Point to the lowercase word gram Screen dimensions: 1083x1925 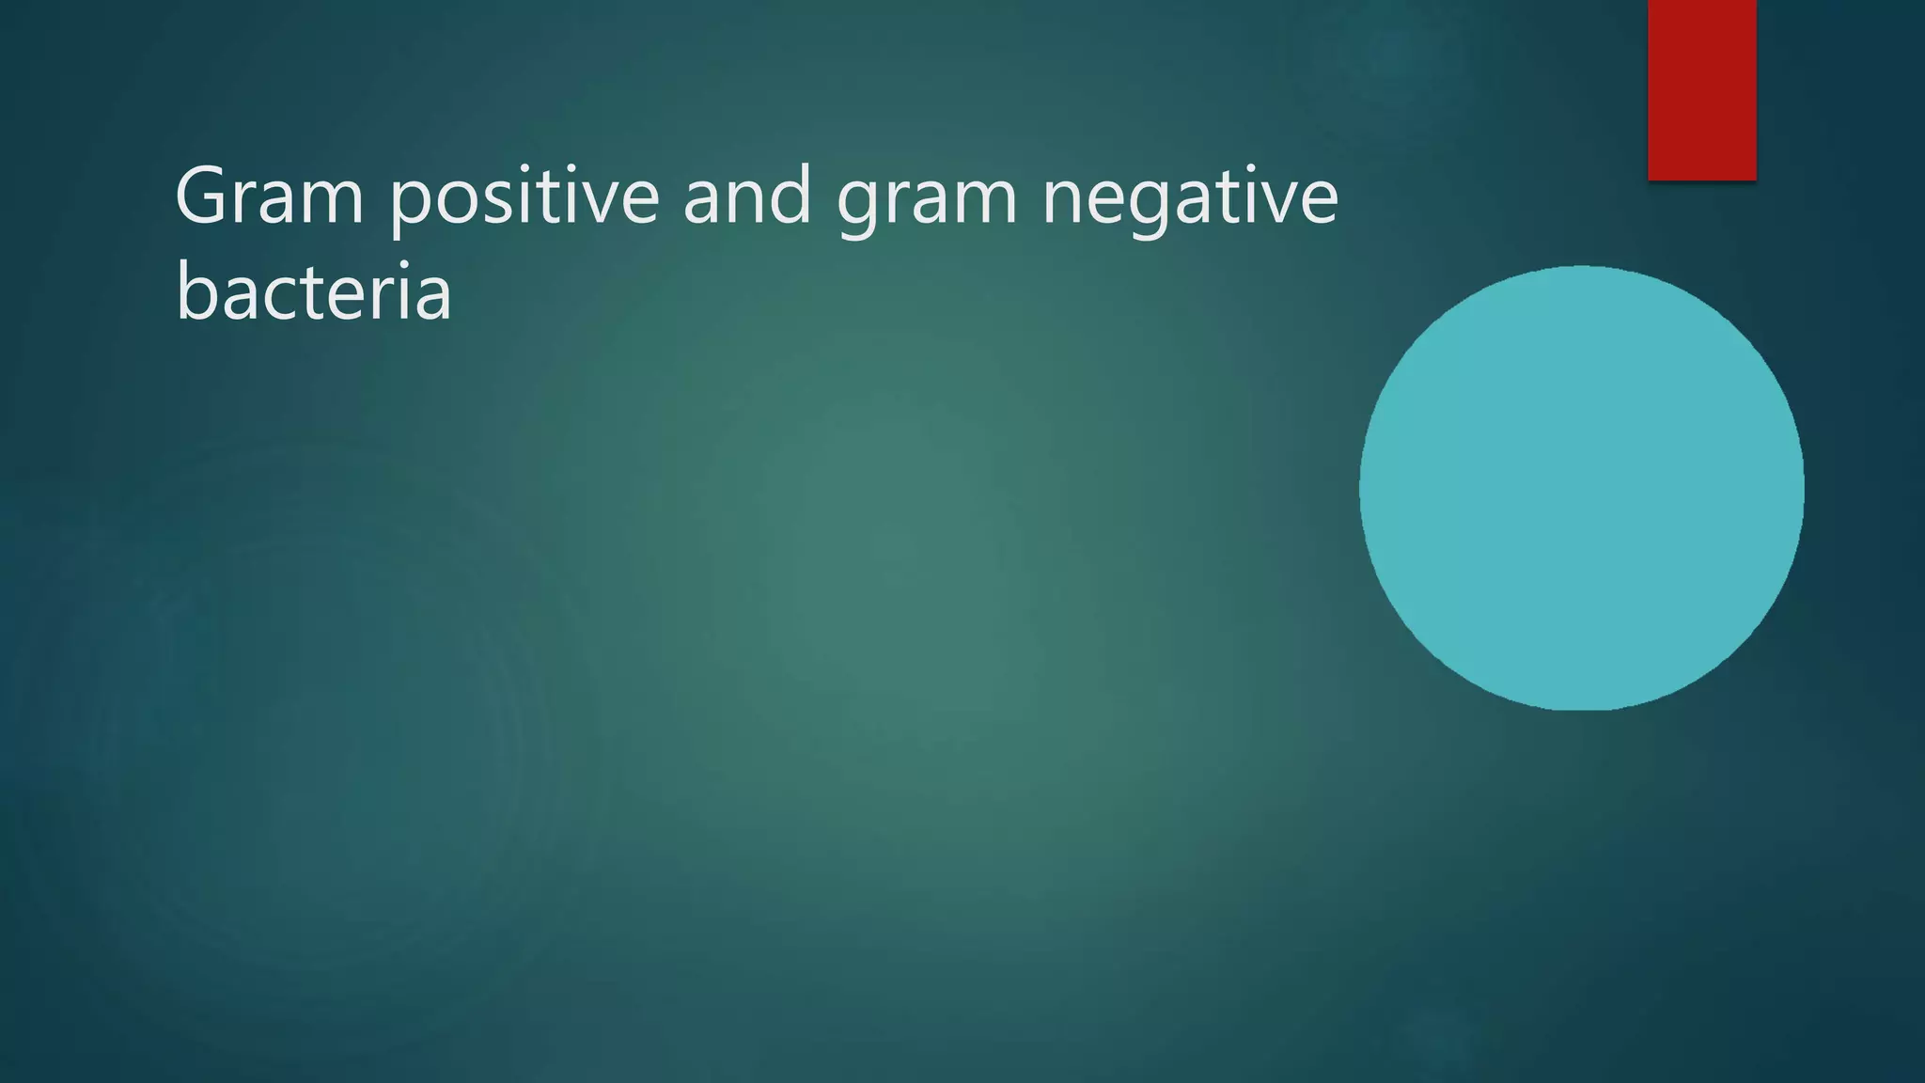(x=927, y=199)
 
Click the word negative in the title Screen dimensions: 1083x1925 (x=1190, y=197)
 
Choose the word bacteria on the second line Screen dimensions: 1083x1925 (x=313, y=291)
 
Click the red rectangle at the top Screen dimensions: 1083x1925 (x=1701, y=89)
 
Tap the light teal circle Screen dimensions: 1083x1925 (x=1581, y=488)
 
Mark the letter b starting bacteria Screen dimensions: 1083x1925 (x=196, y=289)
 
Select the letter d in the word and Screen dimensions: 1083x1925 (x=792, y=193)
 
